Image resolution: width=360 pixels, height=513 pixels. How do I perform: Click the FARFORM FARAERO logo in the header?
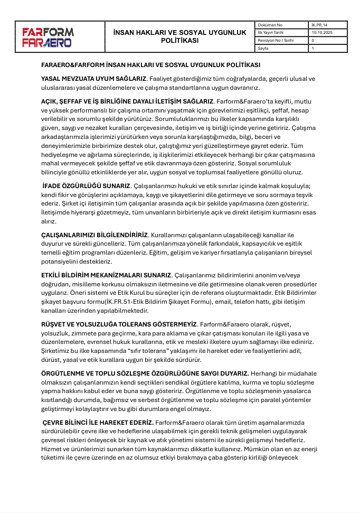[48, 36]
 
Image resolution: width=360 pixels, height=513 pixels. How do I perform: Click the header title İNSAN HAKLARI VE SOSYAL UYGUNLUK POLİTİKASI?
[179, 36]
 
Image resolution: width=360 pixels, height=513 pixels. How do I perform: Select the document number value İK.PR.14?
[319, 25]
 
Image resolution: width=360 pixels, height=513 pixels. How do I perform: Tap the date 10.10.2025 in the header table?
[322, 32]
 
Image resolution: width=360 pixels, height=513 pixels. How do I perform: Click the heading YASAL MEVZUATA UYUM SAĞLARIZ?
[93, 79]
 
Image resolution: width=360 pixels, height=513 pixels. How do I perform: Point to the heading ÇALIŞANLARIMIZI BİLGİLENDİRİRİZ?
[95, 234]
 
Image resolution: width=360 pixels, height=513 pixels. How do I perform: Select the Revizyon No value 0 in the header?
[313, 40]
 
